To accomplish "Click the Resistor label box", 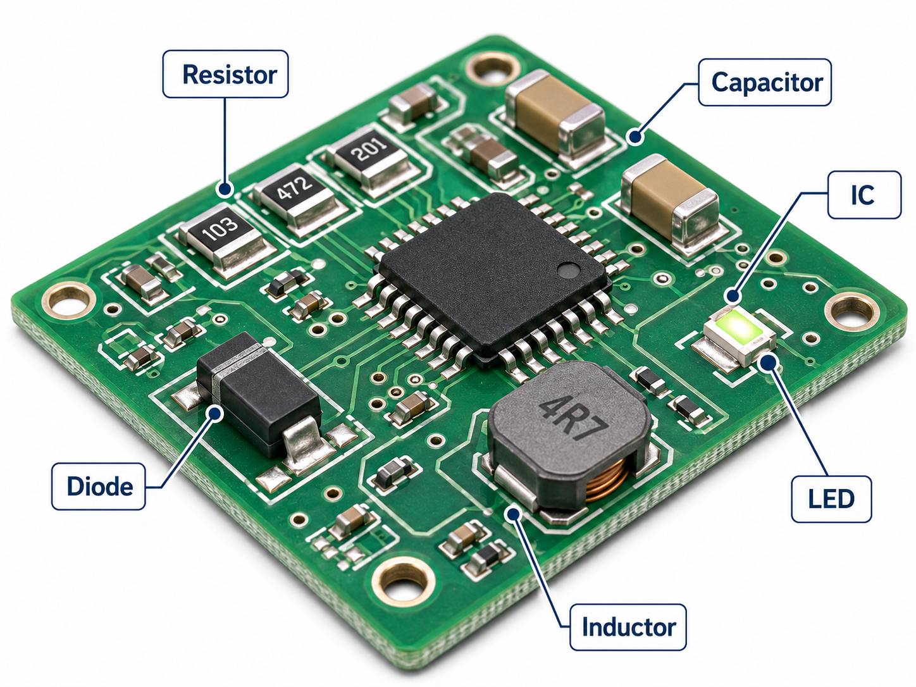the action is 225,74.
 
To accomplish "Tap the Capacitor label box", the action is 765,82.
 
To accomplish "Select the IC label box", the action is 864,195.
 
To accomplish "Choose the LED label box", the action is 831,499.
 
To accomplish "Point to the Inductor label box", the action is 628,628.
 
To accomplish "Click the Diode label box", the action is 99,486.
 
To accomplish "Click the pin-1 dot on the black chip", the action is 568,270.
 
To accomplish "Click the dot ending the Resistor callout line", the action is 225,189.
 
